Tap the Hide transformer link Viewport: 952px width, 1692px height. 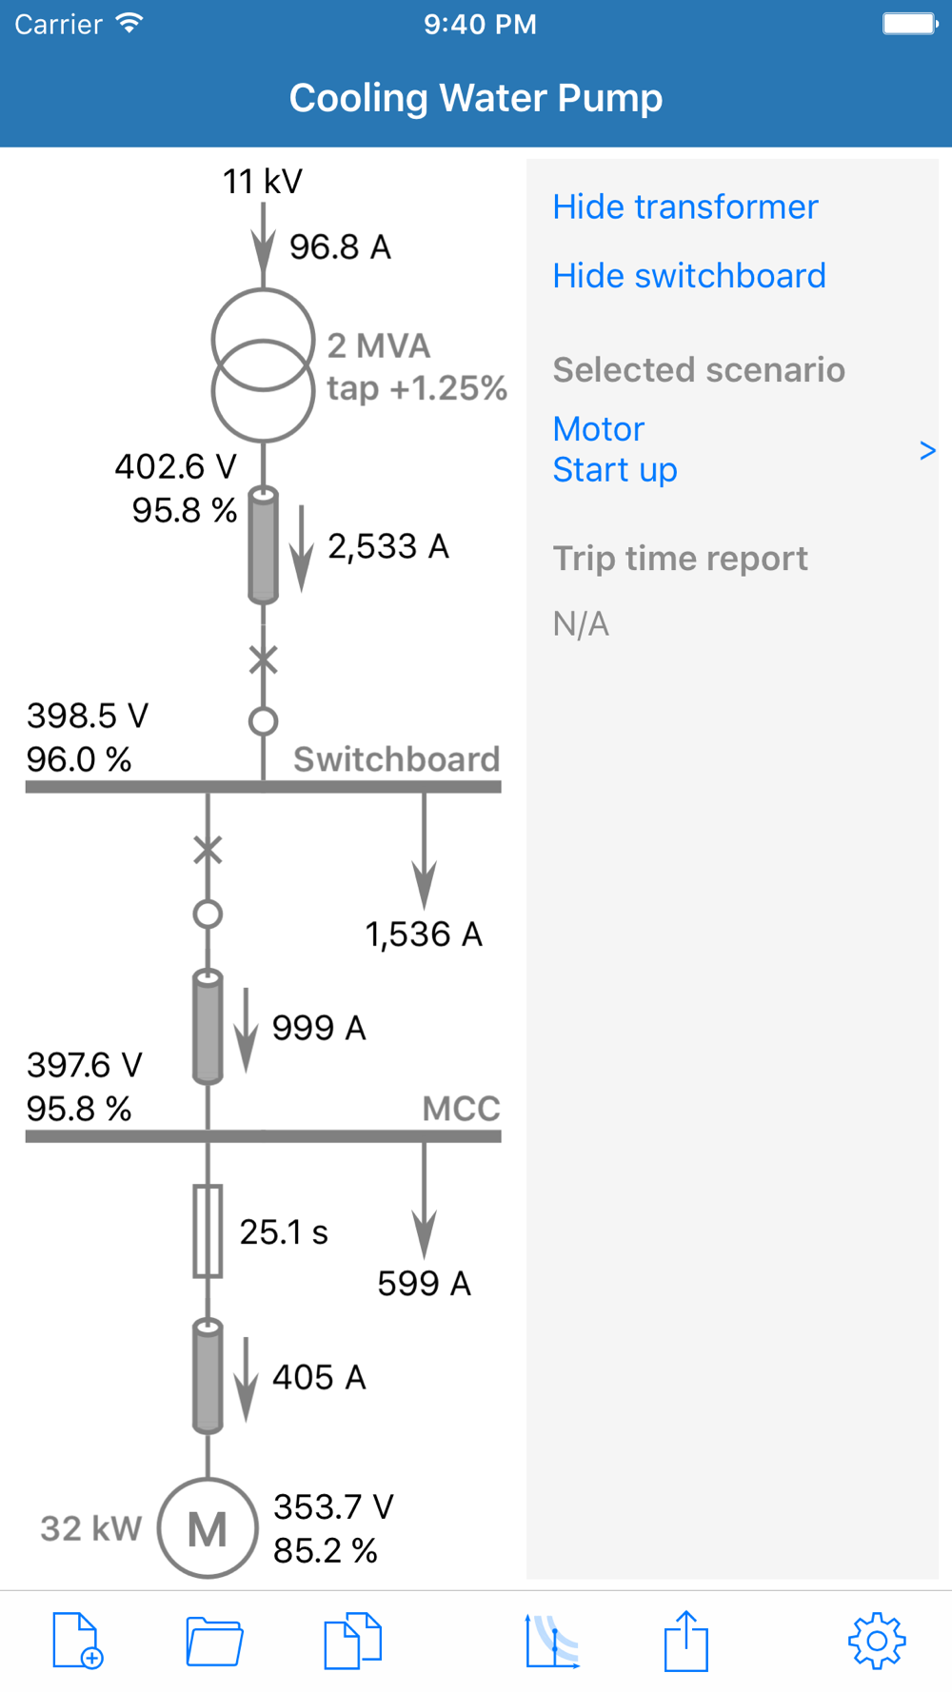pyautogui.click(x=685, y=207)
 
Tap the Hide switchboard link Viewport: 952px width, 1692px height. pyautogui.click(x=689, y=275)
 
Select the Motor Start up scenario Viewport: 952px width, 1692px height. pyautogui.click(x=615, y=449)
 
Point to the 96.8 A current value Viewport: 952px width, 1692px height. pyautogui.click(x=340, y=247)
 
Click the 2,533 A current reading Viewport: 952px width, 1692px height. pyautogui.click(x=387, y=546)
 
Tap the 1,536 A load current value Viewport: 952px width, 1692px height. pyautogui.click(x=424, y=935)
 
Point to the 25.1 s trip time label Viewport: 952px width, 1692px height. pyautogui.click(x=284, y=1232)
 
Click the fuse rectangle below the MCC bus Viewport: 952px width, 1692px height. pyautogui.click(x=208, y=1230)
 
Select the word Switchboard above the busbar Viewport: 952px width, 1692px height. pyautogui.click(x=396, y=759)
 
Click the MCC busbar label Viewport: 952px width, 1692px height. pyautogui.click(x=461, y=1109)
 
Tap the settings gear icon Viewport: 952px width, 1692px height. pyautogui.click(x=877, y=1641)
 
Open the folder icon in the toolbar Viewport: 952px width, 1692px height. pyautogui.click(x=214, y=1642)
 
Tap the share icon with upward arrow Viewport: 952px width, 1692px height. pyautogui.click(x=685, y=1641)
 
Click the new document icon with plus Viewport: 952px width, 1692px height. pyautogui.click(x=77, y=1641)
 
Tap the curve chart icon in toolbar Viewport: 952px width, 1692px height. pyautogui.click(x=552, y=1642)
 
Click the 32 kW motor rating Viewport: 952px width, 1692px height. pyautogui.click(x=90, y=1528)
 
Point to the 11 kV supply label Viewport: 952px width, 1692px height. pyautogui.click(x=263, y=181)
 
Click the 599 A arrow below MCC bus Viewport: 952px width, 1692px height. pyautogui.click(x=425, y=1201)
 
